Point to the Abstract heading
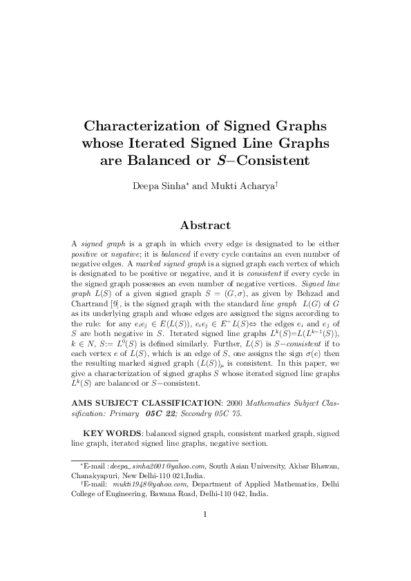[205, 225]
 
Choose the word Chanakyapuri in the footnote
[95, 475]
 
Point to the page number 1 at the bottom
[205, 532]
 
